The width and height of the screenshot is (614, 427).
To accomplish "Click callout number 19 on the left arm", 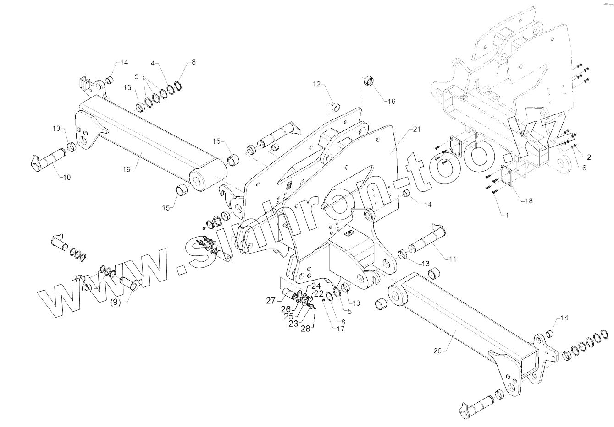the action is click(127, 169).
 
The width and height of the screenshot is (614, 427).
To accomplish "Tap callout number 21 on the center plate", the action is click(416, 130).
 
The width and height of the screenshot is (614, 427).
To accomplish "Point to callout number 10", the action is click(66, 177).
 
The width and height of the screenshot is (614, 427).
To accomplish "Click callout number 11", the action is click(452, 259).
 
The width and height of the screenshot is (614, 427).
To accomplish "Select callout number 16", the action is click(392, 101).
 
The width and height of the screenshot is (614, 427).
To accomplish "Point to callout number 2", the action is click(589, 157).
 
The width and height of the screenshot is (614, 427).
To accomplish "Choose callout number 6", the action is click(584, 168).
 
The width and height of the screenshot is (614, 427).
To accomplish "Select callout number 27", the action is click(271, 301).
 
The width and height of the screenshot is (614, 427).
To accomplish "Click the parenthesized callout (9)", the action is click(116, 303).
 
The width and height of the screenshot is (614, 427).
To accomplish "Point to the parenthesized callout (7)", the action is click(81, 278).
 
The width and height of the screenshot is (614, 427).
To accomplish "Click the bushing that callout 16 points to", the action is click(370, 81).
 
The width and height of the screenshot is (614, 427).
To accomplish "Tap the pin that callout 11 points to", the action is click(424, 240).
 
